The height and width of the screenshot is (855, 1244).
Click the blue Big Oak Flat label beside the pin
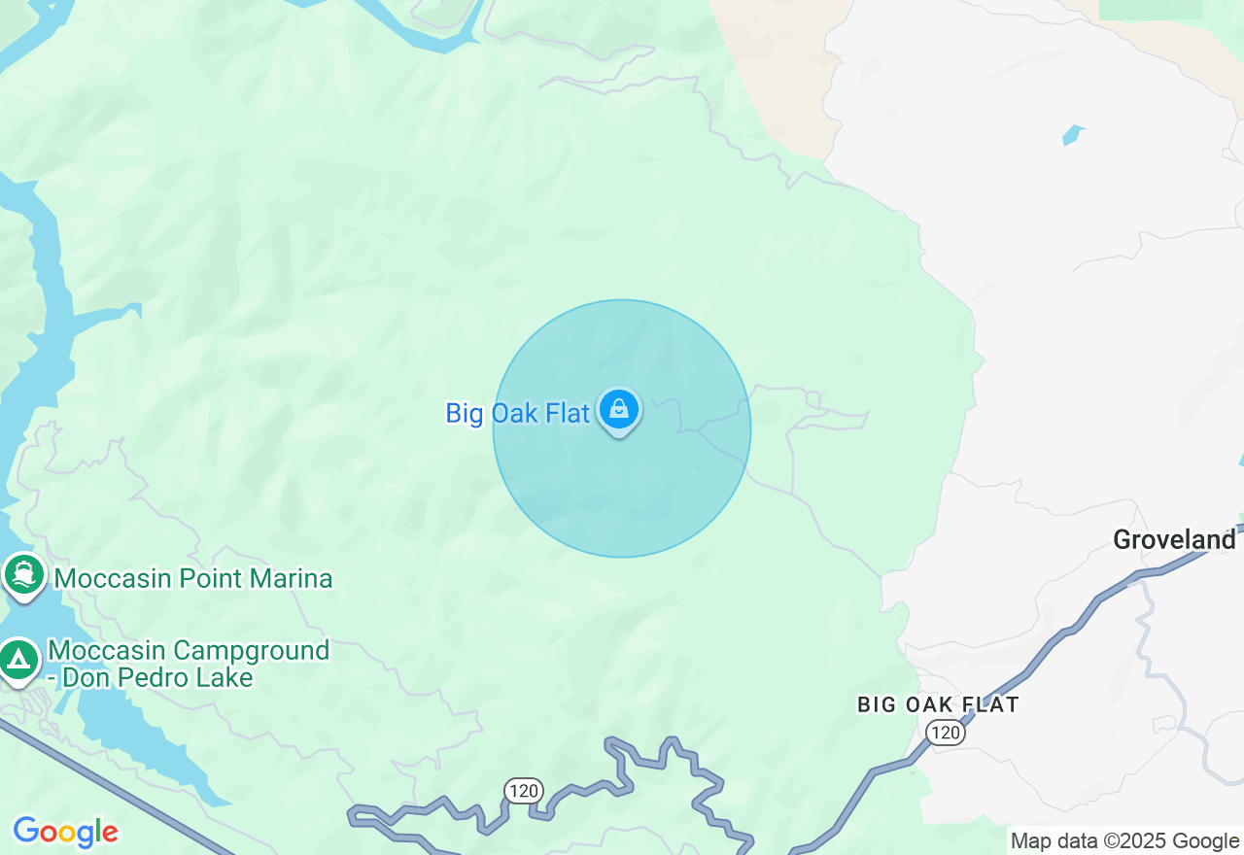(x=517, y=413)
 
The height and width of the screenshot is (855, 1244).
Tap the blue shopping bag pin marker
(x=619, y=410)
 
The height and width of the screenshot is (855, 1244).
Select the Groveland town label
(x=1174, y=539)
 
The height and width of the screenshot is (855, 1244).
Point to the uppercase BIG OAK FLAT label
(x=938, y=704)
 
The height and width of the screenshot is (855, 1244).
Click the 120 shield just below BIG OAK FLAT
(x=945, y=733)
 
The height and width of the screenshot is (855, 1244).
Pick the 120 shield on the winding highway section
(x=523, y=791)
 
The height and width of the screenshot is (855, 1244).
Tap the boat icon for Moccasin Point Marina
(x=23, y=574)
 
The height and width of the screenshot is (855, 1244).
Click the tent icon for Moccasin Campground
(x=17, y=661)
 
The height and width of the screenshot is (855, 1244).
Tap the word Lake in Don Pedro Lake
(x=227, y=677)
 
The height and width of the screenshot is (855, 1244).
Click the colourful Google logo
(x=65, y=833)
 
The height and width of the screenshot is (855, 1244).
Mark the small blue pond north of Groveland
(x=1073, y=134)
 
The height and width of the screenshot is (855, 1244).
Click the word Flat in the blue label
(x=567, y=413)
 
